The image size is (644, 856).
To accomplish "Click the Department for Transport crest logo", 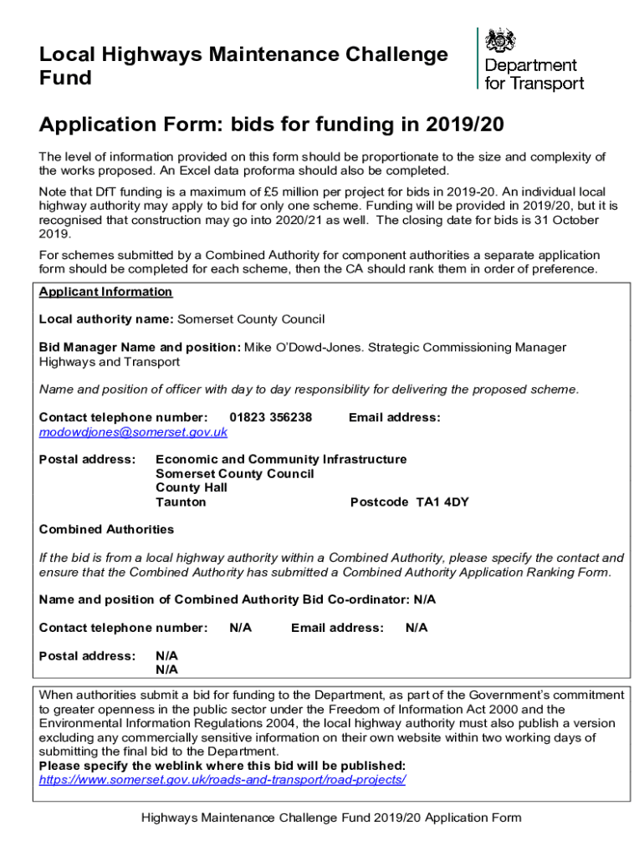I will pos(502,41).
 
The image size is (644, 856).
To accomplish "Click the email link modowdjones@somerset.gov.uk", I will pos(133,432).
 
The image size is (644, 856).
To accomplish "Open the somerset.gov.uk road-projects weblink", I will pos(222,779).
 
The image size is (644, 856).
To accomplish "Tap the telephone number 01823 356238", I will pos(270,417).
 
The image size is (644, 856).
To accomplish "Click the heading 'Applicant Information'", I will pos(105,292).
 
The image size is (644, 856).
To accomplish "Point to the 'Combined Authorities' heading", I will pos(106,529).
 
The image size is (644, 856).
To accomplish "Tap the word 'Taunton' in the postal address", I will pos(181,502).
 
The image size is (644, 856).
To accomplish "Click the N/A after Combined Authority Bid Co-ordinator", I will pos(425,599).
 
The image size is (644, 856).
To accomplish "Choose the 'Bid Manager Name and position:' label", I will pos(140,347).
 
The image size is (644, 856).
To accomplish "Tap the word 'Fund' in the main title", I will pos(65,79).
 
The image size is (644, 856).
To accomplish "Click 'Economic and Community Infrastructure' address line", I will pos(281,459).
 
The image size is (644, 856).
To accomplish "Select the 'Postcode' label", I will pos(379,502).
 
